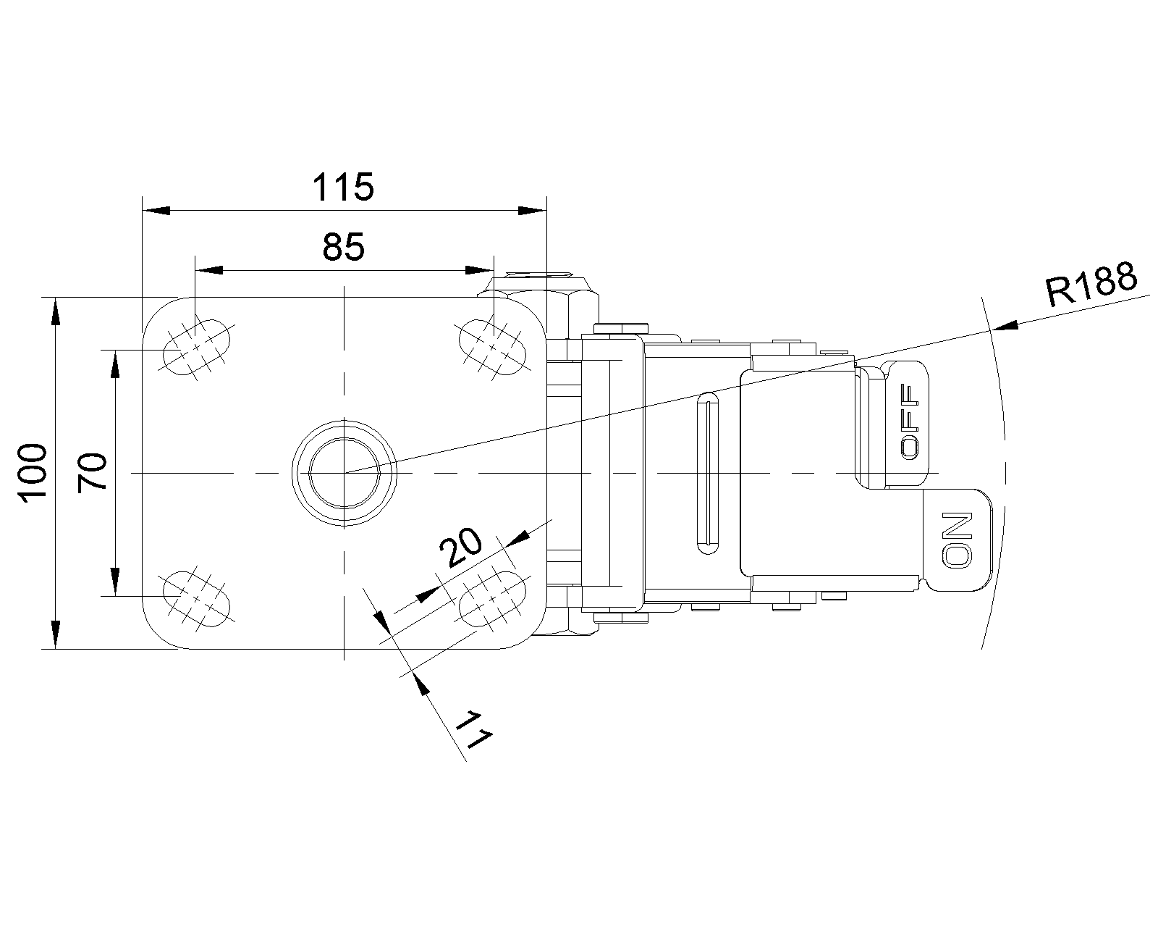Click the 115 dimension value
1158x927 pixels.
click(343, 188)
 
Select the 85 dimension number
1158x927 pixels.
click(344, 248)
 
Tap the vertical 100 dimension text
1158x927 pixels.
click(34, 472)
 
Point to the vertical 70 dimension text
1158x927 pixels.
click(93, 471)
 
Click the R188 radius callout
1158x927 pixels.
click(1091, 285)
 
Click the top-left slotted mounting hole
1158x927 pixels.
click(196, 347)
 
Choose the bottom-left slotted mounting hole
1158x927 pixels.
click(195, 597)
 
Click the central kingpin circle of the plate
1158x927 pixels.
click(344, 473)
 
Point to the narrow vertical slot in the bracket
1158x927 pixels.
click(706, 472)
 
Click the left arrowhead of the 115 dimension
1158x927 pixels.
click(156, 210)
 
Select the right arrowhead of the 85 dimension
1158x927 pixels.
click(478, 270)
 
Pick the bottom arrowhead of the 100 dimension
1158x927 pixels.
click(55, 635)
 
